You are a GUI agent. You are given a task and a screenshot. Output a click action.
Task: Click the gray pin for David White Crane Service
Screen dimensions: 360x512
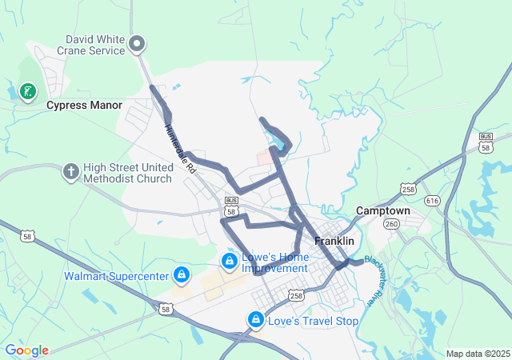pyautogui.click(x=137, y=43)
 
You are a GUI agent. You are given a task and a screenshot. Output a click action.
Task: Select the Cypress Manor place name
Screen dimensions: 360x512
pyautogui.click(x=84, y=105)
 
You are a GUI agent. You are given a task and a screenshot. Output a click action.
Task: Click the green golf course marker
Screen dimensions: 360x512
pyautogui.click(x=27, y=91)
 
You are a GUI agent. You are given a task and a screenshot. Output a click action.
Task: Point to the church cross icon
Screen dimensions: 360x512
pyautogui.click(x=70, y=171)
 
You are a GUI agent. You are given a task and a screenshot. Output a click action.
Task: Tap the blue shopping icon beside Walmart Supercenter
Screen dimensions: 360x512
pyautogui.click(x=182, y=275)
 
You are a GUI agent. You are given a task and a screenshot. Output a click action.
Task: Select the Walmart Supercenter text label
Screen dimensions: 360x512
pyautogui.click(x=117, y=277)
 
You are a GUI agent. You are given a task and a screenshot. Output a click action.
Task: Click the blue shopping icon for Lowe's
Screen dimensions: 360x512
pyautogui.click(x=229, y=260)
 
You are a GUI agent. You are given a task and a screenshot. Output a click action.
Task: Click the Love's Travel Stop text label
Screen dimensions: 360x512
pyautogui.click(x=314, y=321)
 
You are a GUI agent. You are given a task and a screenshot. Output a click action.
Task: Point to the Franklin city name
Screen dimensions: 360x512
pyautogui.click(x=334, y=240)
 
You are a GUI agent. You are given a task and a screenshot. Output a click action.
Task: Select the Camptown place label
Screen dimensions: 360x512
pyautogui.click(x=382, y=210)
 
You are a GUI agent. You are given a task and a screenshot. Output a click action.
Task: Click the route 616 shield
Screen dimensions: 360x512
pyautogui.click(x=433, y=201)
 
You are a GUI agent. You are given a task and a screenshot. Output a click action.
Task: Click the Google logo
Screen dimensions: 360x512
pyautogui.click(x=27, y=350)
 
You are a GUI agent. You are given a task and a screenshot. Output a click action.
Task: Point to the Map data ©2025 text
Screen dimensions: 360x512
pyautogui.click(x=477, y=354)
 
